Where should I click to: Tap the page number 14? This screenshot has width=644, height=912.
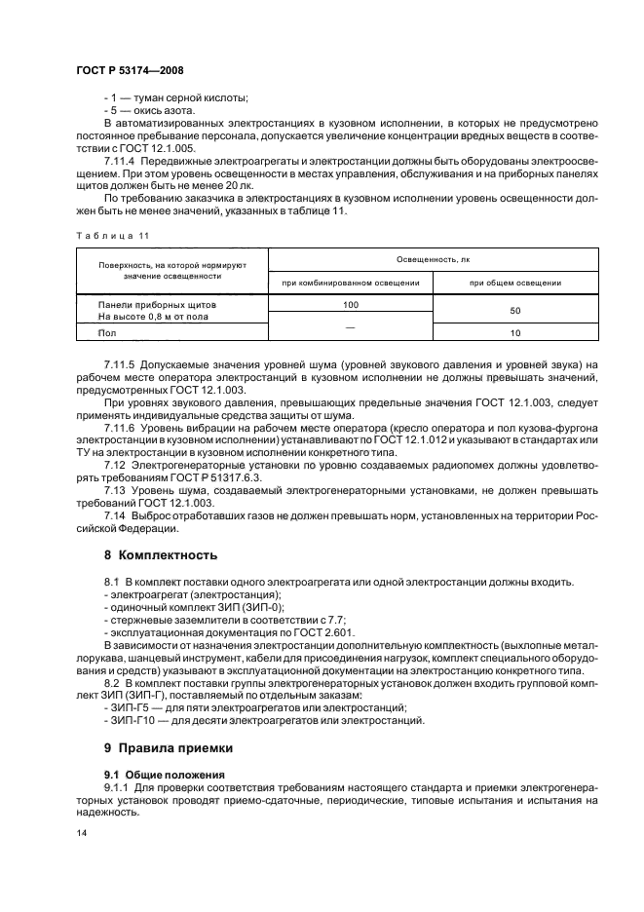(x=80, y=833)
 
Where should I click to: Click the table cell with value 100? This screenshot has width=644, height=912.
(x=350, y=304)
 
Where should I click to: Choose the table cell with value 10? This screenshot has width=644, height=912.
(x=514, y=332)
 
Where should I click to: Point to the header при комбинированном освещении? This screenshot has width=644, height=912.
(x=350, y=283)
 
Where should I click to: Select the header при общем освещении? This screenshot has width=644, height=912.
(x=514, y=283)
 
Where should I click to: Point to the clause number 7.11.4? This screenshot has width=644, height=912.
(x=121, y=159)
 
